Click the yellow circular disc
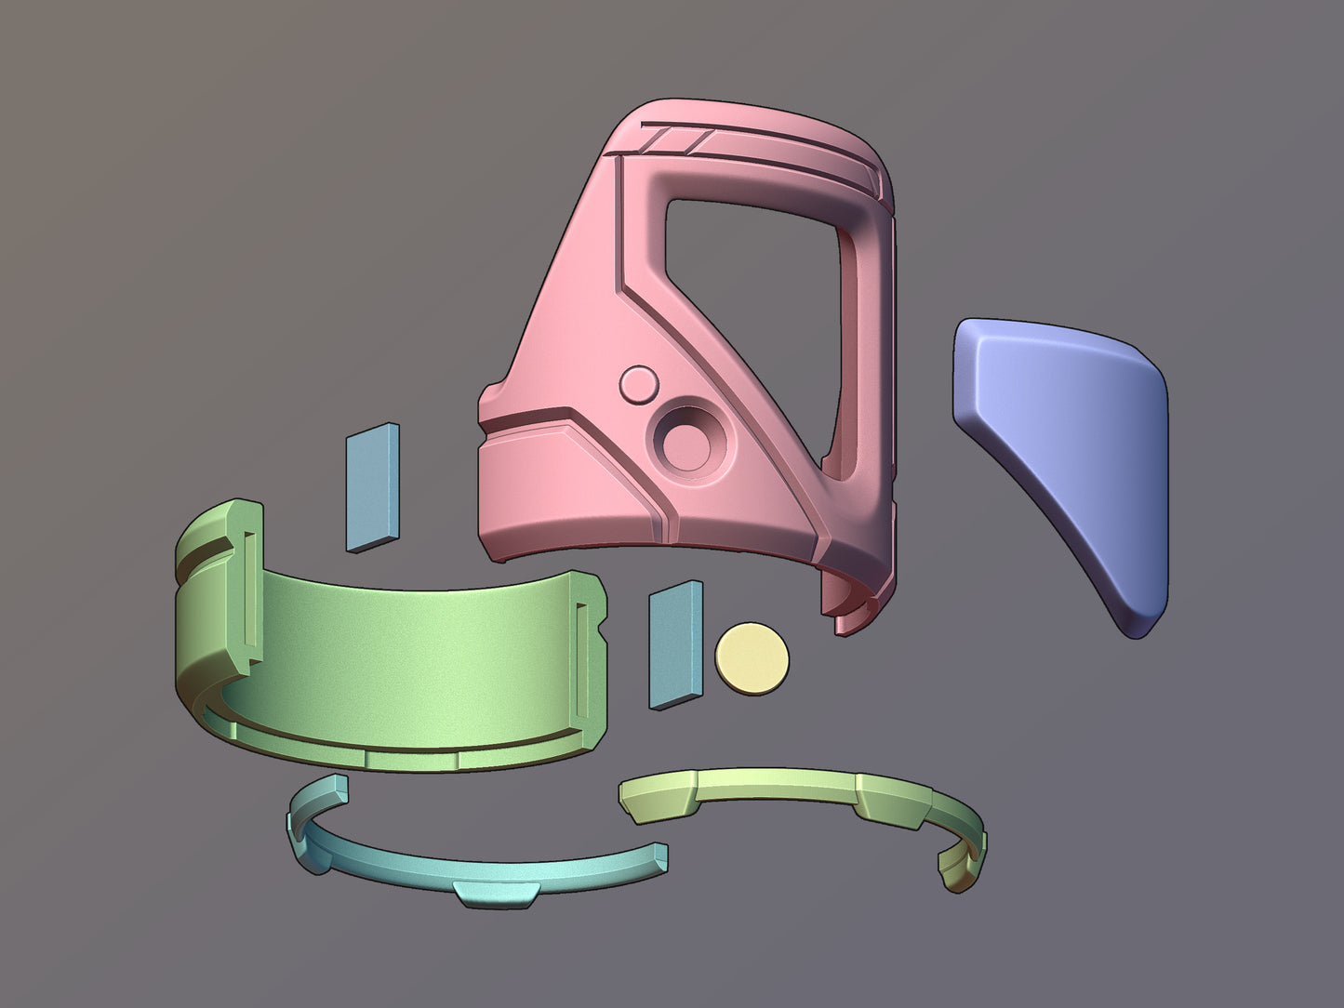tap(752, 658)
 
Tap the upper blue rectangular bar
tap(372, 487)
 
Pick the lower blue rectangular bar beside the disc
tap(676, 645)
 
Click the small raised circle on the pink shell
tap(639, 384)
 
